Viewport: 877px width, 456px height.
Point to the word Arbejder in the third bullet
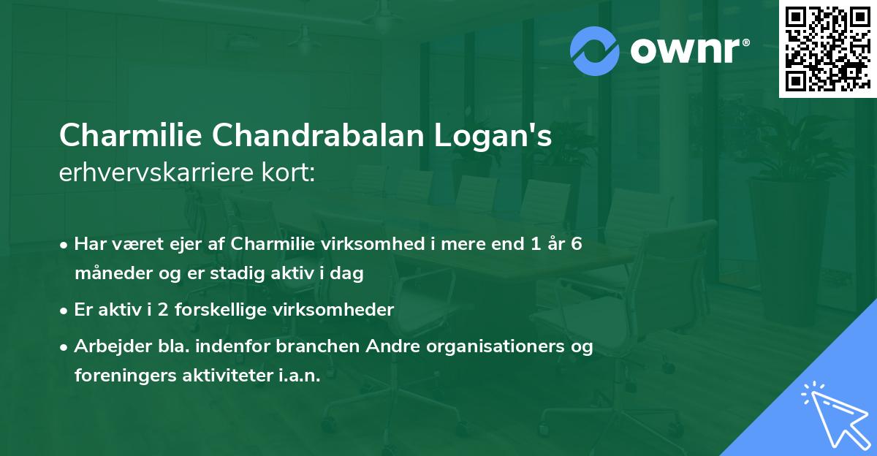click(x=108, y=346)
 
